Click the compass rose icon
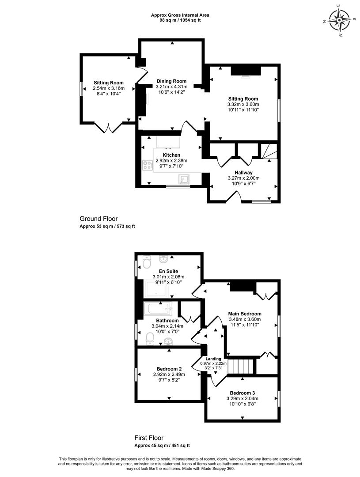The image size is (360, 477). [x=339, y=20]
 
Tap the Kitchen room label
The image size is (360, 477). [x=171, y=155]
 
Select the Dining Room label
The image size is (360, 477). [x=172, y=81]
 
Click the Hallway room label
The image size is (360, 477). [x=243, y=173]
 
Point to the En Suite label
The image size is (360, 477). [x=168, y=271]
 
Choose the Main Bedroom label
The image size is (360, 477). [x=245, y=314]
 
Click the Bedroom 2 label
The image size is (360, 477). [x=169, y=369]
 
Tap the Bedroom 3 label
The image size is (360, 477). [x=243, y=393]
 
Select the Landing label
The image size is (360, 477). [x=213, y=359]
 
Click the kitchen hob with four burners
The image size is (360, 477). [x=148, y=165]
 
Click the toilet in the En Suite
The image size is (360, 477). [x=146, y=262]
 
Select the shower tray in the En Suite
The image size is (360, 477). [x=157, y=289]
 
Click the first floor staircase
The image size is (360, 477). [x=241, y=367]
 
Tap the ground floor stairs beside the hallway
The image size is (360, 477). [x=269, y=151]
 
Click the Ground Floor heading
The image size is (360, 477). [x=99, y=219]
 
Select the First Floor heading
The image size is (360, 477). [x=149, y=438]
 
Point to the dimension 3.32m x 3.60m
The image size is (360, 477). [x=243, y=104]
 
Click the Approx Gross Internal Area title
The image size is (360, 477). [x=180, y=15]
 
